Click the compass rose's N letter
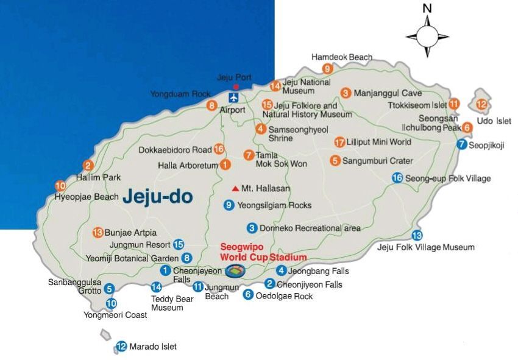coord(427,8)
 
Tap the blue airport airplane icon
coord(233,97)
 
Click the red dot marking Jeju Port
coord(236,87)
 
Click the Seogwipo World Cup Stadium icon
coord(233,271)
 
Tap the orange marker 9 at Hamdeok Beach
coord(328,68)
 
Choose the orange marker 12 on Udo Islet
coord(481,105)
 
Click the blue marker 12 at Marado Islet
coord(121,347)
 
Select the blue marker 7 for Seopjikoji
coord(461,144)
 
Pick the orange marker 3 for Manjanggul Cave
coord(346,93)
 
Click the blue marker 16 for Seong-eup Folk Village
coord(397,178)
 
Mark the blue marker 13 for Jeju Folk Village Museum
coord(417,235)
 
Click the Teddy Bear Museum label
coord(171,303)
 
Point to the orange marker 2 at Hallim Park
coord(88,165)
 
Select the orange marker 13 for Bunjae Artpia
coord(97,232)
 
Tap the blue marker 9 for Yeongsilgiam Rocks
coord(229,205)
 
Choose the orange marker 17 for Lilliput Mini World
coord(339,142)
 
